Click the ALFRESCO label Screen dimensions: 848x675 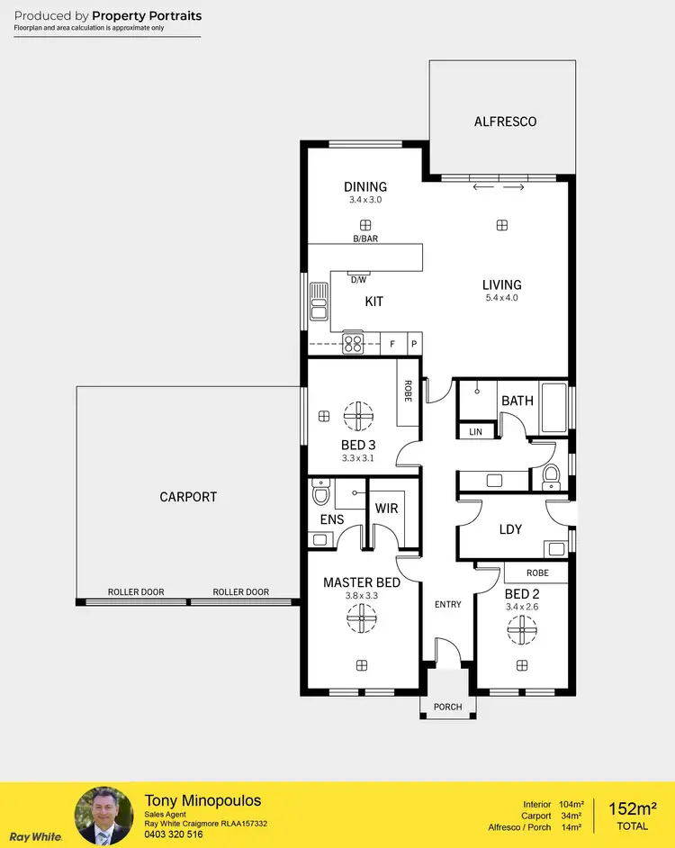click(x=505, y=122)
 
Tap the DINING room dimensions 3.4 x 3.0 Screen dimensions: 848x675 click(x=365, y=200)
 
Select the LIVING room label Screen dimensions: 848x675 click(x=501, y=285)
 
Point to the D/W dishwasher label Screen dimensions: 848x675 click(x=358, y=280)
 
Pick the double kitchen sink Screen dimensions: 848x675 click(x=319, y=301)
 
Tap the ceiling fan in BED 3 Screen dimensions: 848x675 click(x=359, y=415)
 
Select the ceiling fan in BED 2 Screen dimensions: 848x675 click(x=522, y=629)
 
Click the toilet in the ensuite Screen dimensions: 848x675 click(x=320, y=495)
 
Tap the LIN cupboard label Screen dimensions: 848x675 click(x=475, y=433)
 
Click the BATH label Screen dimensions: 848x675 click(x=517, y=401)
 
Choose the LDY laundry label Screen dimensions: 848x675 click(x=510, y=529)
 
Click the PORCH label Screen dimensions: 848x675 click(x=447, y=707)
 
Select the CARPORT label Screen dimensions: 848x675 click(x=188, y=497)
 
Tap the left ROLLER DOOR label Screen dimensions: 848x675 click(x=136, y=592)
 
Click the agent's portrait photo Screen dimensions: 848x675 click(x=103, y=816)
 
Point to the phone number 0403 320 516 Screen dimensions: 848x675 click(x=175, y=834)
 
